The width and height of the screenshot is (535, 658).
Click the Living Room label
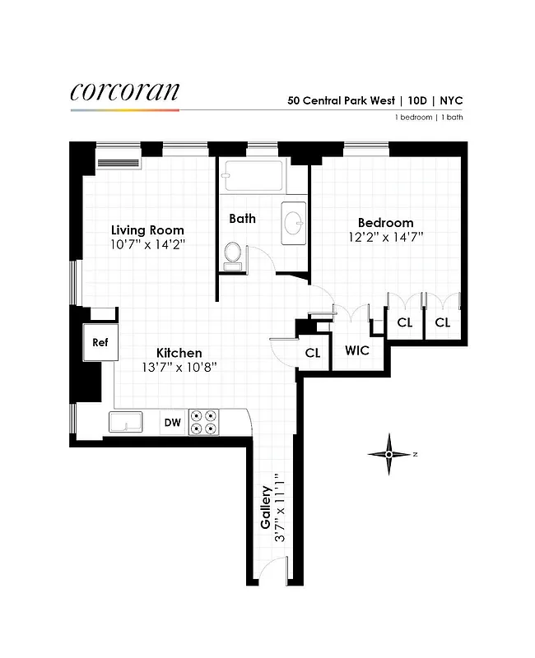click(x=148, y=230)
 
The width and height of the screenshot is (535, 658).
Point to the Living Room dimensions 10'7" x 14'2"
click(x=148, y=244)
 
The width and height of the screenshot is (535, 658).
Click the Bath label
click(x=242, y=219)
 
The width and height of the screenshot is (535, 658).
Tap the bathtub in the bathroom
click(x=254, y=174)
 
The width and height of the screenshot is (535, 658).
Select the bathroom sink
click(x=294, y=222)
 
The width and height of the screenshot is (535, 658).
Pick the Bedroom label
click(x=385, y=223)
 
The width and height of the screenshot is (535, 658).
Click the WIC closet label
click(x=357, y=350)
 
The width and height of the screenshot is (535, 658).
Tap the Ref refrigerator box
click(x=100, y=342)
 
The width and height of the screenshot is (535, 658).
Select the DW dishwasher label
click(x=172, y=423)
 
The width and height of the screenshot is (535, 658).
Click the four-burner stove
click(x=203, y=423)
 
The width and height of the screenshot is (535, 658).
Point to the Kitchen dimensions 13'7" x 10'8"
click(x=179, y=367)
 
